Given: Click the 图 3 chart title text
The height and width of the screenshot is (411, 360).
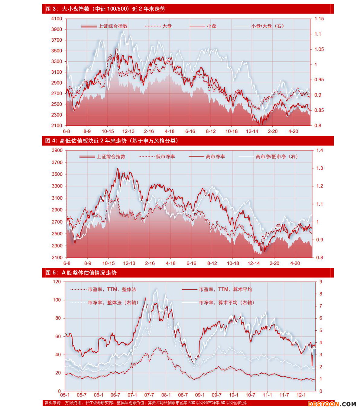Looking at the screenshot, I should (105, 9).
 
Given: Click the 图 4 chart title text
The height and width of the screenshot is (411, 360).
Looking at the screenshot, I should (112, 141).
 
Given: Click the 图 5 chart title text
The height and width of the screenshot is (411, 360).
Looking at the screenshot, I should (81, 273).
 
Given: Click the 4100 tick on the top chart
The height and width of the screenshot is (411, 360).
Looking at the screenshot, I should (57, 19).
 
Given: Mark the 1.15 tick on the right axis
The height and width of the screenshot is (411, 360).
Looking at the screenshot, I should (319, 19).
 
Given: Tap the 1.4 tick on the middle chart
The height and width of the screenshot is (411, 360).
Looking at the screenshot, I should (319, 150).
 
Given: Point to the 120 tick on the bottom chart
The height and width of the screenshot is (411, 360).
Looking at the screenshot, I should (57, 282).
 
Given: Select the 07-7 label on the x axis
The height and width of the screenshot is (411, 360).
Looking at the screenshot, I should (149, 395).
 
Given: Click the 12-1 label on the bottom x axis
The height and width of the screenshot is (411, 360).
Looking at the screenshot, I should (301, 395).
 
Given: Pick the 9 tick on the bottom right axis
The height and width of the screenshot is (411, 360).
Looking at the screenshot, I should (321, 282).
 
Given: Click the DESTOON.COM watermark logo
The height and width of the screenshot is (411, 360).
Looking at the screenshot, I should (332, 404).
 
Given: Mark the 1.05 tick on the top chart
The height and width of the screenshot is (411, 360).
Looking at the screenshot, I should (319, 49).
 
